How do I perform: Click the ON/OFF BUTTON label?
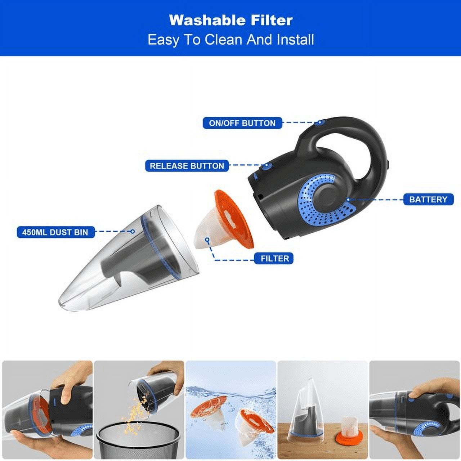tap(242, 123)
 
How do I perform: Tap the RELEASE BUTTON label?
tap(187, 166)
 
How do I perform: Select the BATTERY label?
tap(428, 200)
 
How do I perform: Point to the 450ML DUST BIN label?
tap(55, 232)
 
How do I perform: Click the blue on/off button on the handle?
tap(319, 122)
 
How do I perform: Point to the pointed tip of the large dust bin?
tap(60, 303)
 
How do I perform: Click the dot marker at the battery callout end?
tap(348, 200)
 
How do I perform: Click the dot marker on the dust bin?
tap(132, 231)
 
